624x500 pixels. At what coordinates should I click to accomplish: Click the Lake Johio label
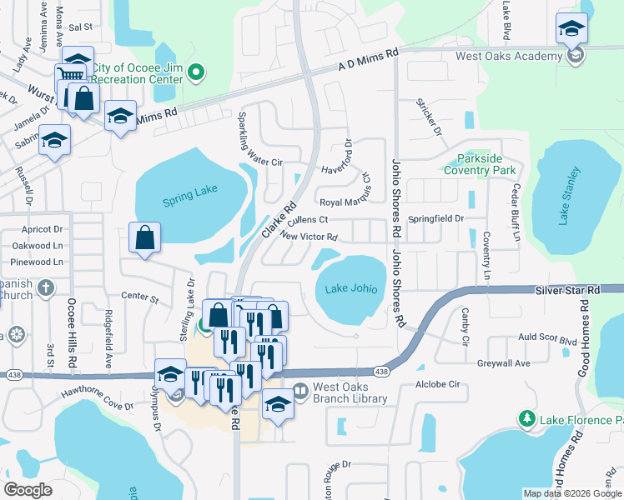point(350,289)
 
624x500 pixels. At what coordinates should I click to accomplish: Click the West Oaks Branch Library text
point(350,392)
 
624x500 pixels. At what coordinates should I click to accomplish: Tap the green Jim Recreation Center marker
point(196,72)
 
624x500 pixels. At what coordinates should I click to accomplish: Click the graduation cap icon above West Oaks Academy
point(571,29)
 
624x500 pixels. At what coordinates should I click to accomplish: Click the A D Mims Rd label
point(368,62)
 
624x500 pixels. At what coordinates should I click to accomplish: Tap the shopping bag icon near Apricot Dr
point(145,237)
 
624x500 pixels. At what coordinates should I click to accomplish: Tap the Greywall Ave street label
point(503,363)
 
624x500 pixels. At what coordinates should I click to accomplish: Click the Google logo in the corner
point(28,489)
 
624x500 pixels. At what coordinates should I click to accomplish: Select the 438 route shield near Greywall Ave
point(381,372)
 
